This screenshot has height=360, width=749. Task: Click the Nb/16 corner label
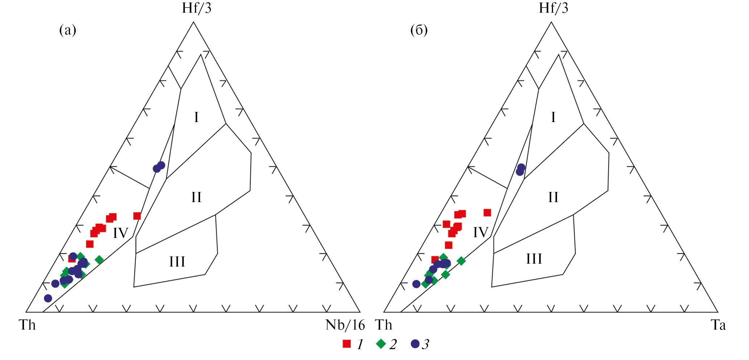[345, 325]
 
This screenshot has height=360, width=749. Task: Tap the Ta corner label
[718, 325]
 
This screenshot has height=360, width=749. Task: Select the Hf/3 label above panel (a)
[196, 8]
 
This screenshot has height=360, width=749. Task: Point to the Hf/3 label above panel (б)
[553, 8]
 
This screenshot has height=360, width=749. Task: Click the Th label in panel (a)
[27, 325]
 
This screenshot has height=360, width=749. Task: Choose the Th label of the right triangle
[384, 325]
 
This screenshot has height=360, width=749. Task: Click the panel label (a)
[68, 30]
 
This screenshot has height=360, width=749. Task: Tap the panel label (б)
[419, 30]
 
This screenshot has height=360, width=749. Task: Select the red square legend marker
[347, 344]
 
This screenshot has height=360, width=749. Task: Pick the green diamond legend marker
[381, 344]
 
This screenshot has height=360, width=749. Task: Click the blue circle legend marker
[415, 344]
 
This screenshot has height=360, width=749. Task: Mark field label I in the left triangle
[196, 117]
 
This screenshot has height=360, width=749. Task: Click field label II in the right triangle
[553, 197]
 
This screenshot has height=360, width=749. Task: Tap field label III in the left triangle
[177, 261]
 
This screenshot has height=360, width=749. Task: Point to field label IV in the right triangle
[481, 232]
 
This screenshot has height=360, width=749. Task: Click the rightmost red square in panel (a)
[137, 216]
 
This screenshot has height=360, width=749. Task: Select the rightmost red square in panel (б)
[487, 212]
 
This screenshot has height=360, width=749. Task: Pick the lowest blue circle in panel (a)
[48, 298]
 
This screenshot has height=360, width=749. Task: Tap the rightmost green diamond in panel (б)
[461, 260]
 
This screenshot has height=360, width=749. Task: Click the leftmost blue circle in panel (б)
[416, 284]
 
